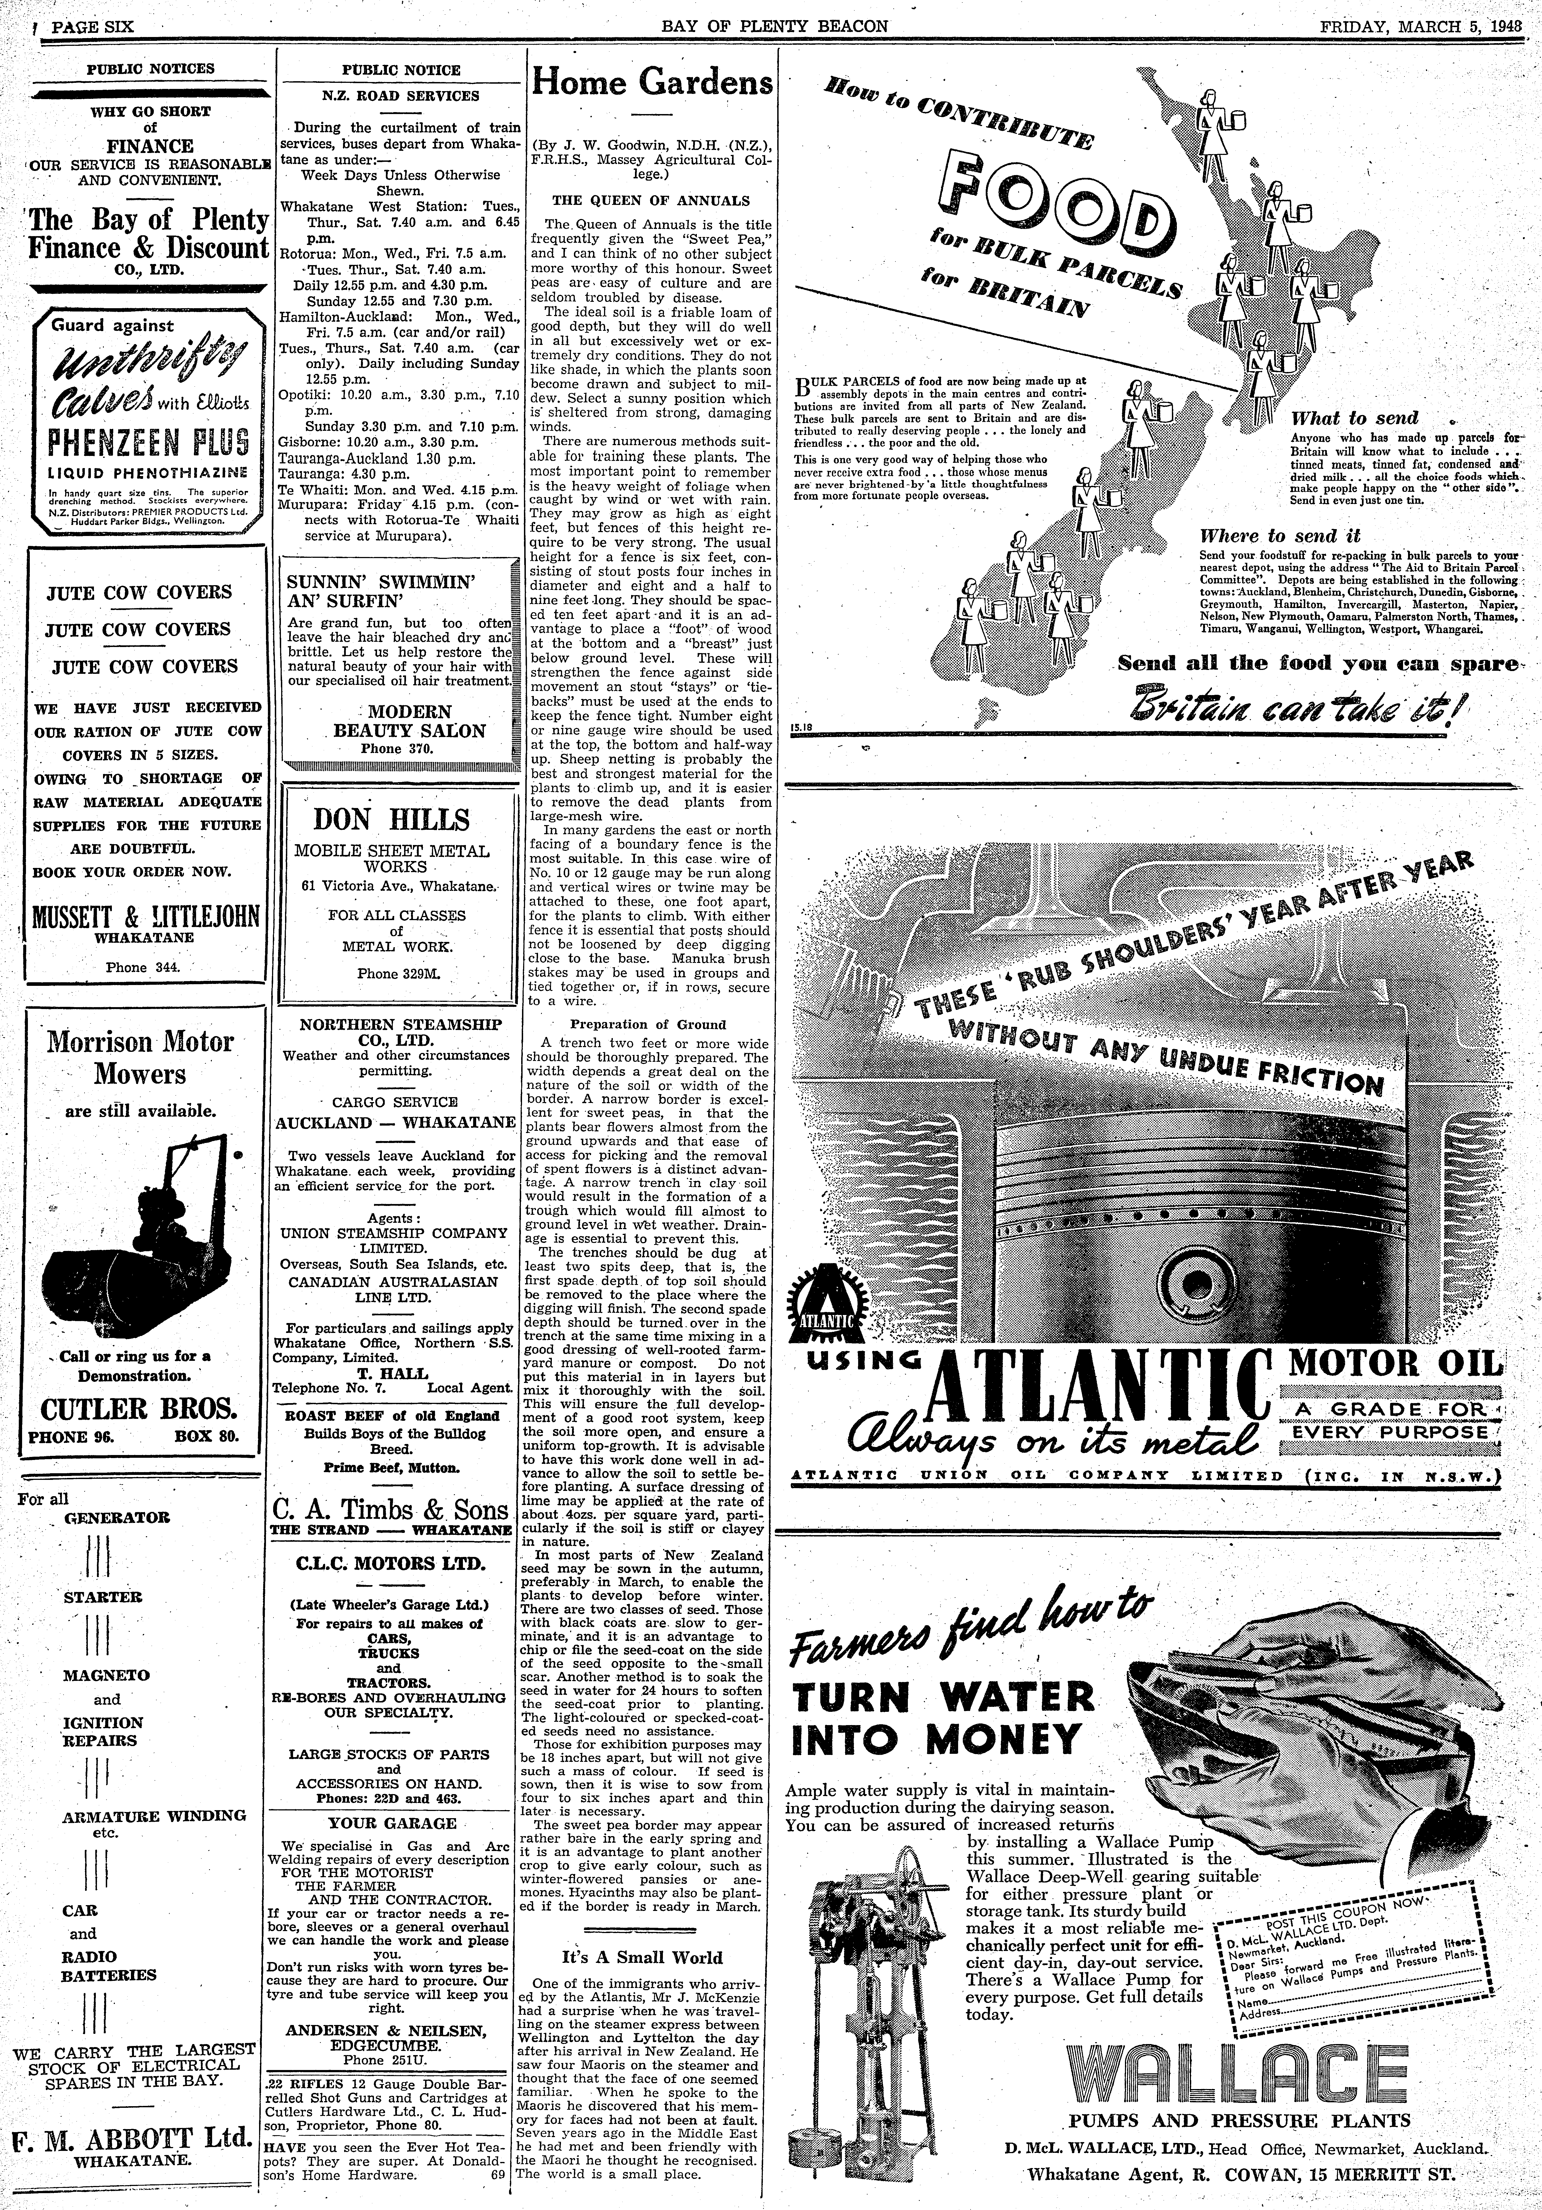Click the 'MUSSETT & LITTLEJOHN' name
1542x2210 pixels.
[x=146, y=914]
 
